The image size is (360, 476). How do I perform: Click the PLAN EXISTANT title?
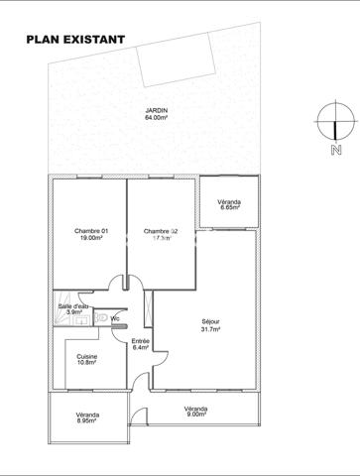[x=75, y=40]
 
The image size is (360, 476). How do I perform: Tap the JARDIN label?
[x=155, y=110]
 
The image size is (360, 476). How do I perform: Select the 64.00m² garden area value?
[x=155, y=118]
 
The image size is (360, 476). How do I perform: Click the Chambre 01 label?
[x=89, y=231]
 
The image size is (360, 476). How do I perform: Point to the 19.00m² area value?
[x=89, y=239]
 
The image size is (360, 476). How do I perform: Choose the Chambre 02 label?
[x=161, y=231]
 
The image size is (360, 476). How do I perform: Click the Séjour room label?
[x=209, y=321]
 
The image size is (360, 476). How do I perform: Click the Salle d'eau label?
[x=73, y=305]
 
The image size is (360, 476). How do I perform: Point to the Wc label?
[x=116, y=318]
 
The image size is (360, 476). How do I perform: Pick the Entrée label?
[x=141, y=340]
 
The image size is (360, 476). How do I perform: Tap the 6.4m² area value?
[x=141, y=348]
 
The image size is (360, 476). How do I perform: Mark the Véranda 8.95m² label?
[x=88, y=415]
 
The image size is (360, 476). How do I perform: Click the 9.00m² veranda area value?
[x=194, y=414]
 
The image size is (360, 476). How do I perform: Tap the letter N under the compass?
[x=336, y=151]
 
